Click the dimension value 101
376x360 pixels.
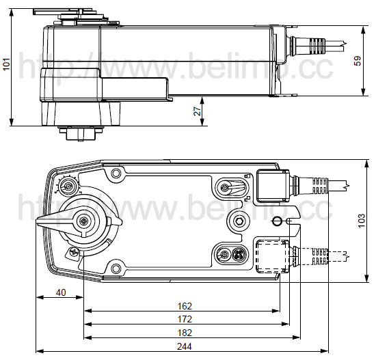(6, 64)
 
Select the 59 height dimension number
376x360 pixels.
(358, 61)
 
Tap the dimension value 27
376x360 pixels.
(197, 111)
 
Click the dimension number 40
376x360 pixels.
(61, 292)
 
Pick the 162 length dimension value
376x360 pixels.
(185, 306)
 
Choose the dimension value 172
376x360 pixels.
(185, 320)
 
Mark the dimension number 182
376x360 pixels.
(185, 333)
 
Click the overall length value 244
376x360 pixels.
(185, 346)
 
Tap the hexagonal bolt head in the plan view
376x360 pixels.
(239, 221)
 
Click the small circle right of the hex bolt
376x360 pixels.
(277, 221)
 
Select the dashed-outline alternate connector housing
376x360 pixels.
(272, 256)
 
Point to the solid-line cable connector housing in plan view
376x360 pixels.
(273, 186)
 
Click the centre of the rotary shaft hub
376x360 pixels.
(83, 221)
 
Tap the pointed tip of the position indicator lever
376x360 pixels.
(37, 222)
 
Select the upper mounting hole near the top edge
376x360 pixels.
(116, 173)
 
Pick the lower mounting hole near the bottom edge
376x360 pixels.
(116, 268)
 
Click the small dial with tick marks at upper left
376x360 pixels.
(68, 186)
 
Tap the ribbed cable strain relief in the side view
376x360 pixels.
(317, 46)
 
